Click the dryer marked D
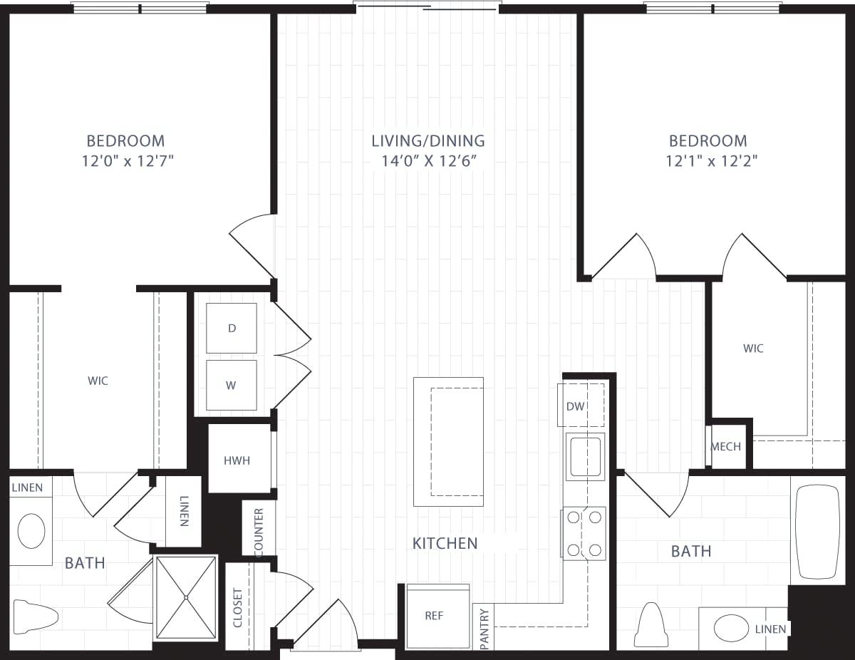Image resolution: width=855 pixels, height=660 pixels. click(232, 328)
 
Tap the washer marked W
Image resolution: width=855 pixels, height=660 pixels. click(232, 385)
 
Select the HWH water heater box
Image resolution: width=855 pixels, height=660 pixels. click(237, 460)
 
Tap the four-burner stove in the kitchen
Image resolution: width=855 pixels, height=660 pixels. click(584, 533)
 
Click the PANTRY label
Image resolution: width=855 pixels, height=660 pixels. click(484, 627)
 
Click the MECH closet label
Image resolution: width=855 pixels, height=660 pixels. click(726, 447)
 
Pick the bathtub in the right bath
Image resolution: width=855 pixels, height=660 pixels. click(817, 532)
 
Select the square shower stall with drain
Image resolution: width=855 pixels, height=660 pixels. click(185, 597)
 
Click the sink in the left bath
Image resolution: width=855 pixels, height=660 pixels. click(31, 531)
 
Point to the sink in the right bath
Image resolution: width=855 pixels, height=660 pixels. click(731, 628)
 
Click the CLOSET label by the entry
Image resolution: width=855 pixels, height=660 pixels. click(238, 607)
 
